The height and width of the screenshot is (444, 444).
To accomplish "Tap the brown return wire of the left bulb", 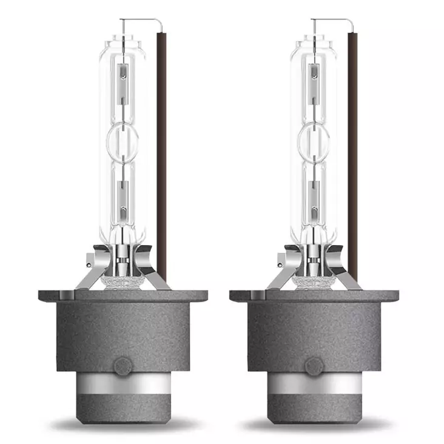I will [161, 152].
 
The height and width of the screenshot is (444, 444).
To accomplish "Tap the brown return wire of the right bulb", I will [352, 152].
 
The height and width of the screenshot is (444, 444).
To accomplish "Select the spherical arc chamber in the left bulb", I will [123, 140].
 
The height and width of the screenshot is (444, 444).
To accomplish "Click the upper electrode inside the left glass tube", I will [123, 76].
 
